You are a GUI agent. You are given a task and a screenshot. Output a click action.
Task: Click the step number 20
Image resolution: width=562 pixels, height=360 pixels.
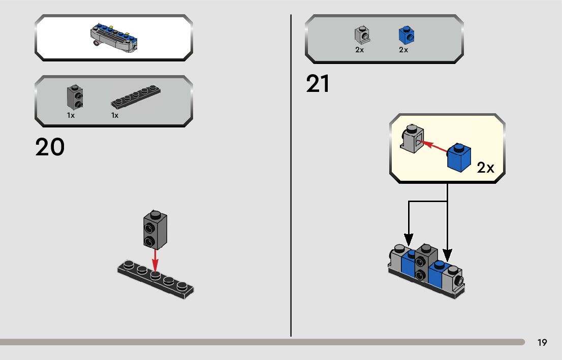click(50, 147)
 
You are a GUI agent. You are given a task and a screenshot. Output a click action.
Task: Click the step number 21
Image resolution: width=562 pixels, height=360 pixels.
click(318, 84)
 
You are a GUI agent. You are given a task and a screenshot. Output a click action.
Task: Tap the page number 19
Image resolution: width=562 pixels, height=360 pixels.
click(542, 343)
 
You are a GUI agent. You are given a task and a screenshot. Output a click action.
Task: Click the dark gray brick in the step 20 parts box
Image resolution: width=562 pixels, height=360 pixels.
click(75, 96)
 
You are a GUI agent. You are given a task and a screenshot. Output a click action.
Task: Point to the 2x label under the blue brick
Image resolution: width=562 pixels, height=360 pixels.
click(403, 50)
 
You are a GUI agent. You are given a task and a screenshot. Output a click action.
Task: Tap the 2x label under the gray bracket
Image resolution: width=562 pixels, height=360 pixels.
click(360, 50)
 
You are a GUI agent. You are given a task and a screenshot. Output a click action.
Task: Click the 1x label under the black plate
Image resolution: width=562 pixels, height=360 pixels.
click(115, 115)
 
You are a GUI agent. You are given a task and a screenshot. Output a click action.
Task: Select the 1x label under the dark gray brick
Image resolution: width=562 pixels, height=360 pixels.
click(71, 115)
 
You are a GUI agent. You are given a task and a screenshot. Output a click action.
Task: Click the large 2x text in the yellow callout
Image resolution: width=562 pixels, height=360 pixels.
click(485, 168)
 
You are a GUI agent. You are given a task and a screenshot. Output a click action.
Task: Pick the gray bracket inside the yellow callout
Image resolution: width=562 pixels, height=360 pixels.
click(412, 138)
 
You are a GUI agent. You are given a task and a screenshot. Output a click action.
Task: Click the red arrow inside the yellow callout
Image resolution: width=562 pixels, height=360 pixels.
click(435, 147)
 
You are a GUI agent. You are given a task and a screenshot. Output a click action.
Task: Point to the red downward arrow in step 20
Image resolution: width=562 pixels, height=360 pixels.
click(155, 261)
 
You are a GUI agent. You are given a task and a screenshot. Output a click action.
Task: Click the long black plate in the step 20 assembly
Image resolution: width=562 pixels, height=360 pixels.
click(155, 280)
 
